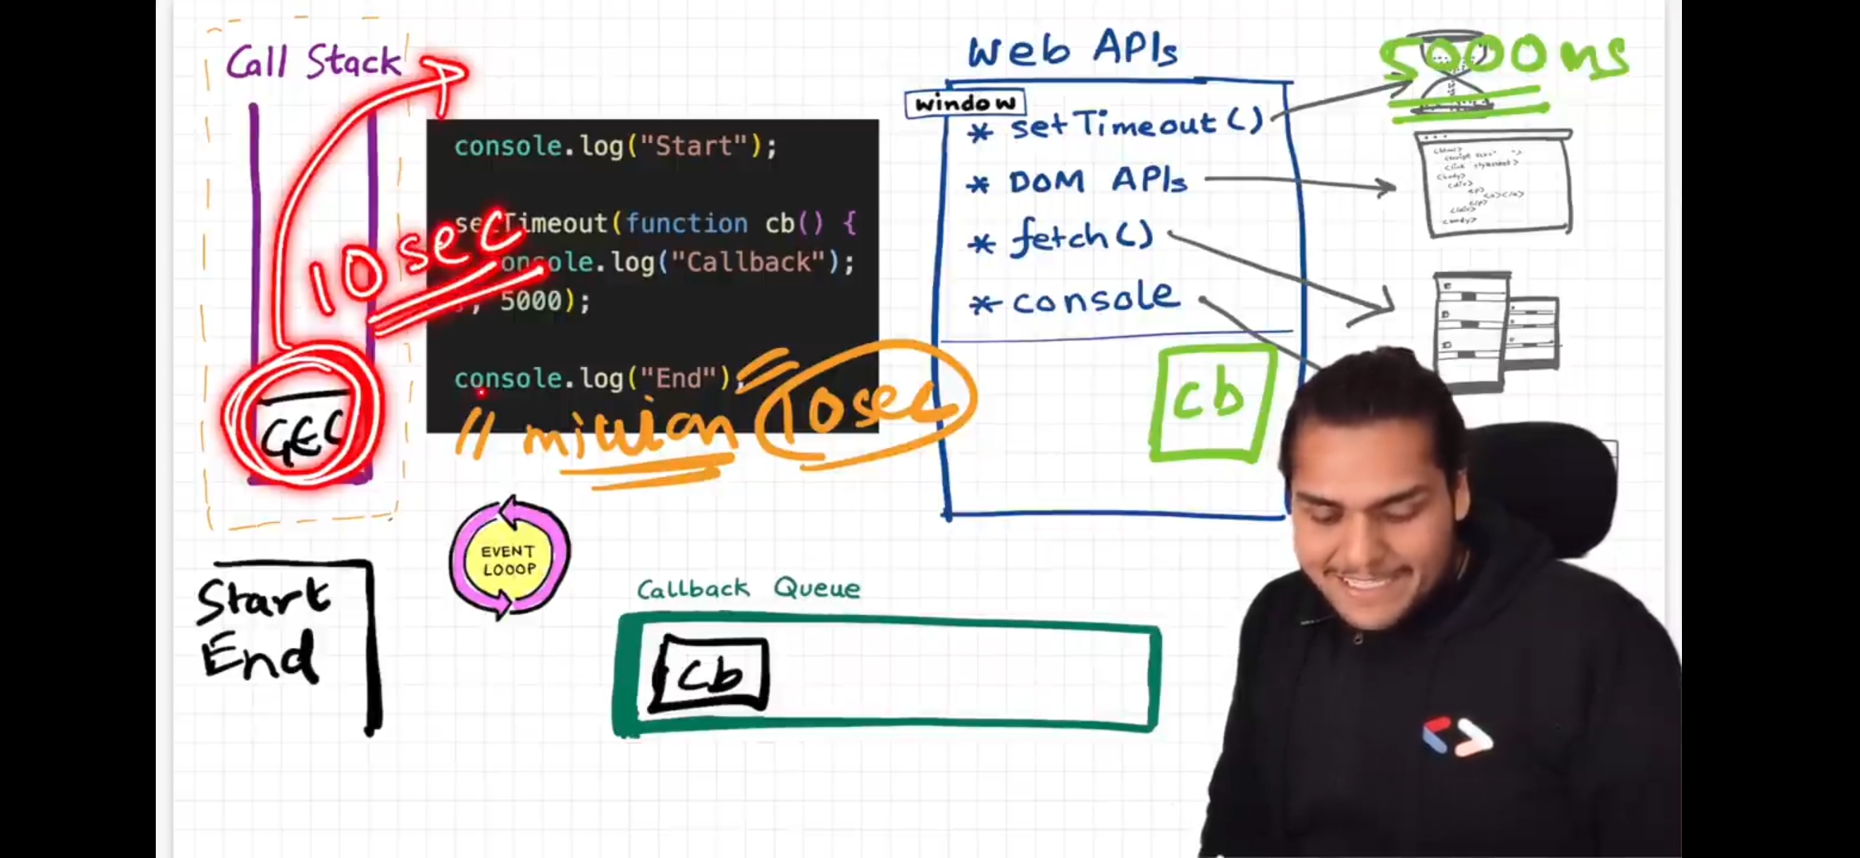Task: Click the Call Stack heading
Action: tap(313, 62)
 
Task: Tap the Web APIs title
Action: tap(1072, 50)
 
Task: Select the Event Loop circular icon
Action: tap(510, 559)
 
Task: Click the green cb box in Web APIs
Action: tap(1211, 402)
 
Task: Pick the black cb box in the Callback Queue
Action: tap(710, 674)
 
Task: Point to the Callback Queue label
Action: tap(748, 589)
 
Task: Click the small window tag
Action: tap(965, 103)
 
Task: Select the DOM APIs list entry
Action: tap(1097, 182)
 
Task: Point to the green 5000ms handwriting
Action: tap(1502, 57)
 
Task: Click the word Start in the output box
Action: tap(262, 599)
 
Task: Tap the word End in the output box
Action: tap(258, 656)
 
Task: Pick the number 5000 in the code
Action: tap(531, 301)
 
